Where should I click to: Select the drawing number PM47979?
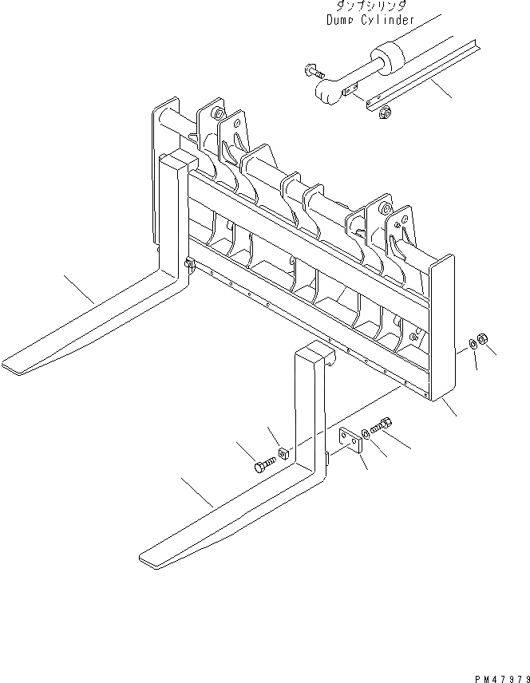(x=498, y=675)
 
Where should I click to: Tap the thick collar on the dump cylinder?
(x=386, y=60)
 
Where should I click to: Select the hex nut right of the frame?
(x=484, y=342)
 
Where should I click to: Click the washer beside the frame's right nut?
(x=472, y=345)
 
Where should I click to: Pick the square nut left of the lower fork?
(x=283, y=456)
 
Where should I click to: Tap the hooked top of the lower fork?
(x=314, y=350)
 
